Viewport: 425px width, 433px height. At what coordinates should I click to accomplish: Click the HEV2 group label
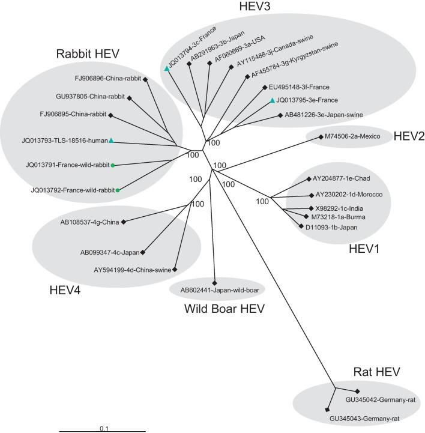(x=409, y=136)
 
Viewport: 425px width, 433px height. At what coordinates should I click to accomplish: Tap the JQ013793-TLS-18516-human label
(x=64, y=142)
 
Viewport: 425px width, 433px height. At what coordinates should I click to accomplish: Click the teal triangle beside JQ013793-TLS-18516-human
(x=111, y=141)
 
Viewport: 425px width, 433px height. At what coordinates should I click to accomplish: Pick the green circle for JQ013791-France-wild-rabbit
(x=113, y=164)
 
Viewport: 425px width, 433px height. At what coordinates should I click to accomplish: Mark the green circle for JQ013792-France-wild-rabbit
(x=118, y=190)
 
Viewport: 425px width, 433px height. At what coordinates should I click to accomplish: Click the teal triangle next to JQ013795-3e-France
(x=272, y=100)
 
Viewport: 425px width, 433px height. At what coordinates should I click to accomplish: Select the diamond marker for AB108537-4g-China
(x=124, y=222)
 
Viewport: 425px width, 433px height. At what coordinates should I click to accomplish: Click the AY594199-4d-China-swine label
(x=133, y=270)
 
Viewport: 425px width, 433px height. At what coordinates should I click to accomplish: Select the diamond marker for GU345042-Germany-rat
(x=357, y=390)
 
